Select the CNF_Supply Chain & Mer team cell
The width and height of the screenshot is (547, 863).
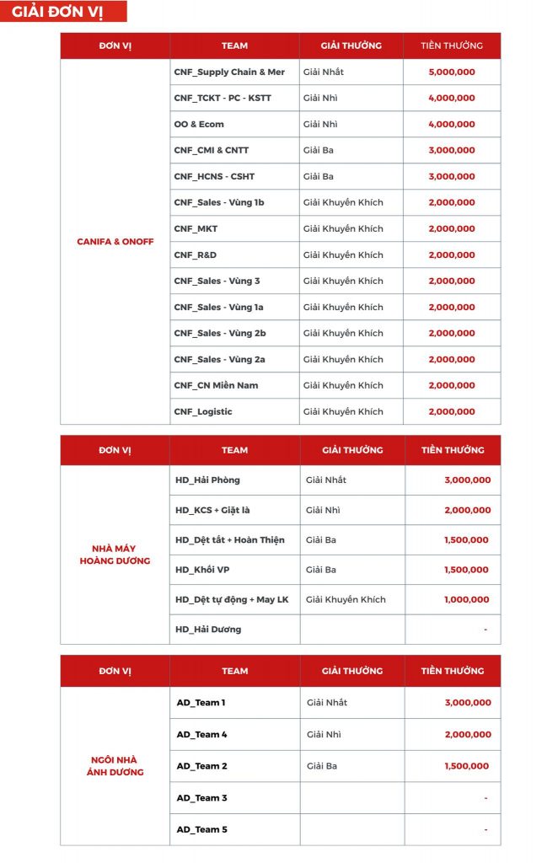coord(229,72)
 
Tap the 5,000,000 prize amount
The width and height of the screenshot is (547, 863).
coord(452,72)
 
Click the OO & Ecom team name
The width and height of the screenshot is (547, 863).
coord(199,125)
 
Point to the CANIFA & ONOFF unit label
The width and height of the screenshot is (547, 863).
coord(115,242)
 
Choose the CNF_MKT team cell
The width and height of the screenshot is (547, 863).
coord(196,229)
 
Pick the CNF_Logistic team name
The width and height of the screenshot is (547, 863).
coord(203,412)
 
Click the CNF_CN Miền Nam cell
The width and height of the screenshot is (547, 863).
coord(216,386)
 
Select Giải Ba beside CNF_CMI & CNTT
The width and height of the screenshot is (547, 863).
coord(318,151)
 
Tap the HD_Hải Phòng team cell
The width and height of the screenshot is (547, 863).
coord(207,480)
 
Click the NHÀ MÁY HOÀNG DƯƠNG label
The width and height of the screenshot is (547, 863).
coord(115,555)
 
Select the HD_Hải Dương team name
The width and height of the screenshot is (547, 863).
coord(207,630)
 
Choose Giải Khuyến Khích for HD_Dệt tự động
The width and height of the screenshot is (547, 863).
coord(346,600)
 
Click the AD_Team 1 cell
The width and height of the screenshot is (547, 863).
coord(201,703)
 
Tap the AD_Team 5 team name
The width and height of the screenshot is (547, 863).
coord(201,830)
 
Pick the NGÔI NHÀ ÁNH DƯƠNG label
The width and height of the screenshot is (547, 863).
coord(115,766)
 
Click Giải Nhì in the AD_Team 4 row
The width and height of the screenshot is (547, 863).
coord(321,735)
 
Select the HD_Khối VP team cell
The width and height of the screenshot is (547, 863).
coord(202,571)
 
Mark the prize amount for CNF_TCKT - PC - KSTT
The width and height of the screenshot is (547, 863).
coord(452,99)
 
